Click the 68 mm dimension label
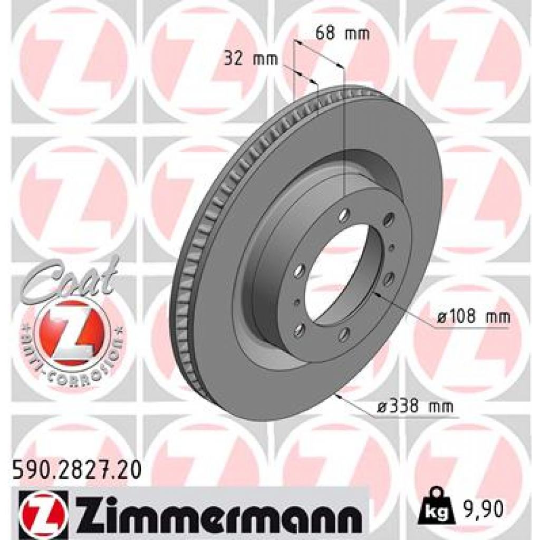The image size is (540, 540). click(342, 34)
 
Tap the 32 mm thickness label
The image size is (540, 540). click(250, 59)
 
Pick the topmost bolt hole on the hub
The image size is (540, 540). click(344, 215)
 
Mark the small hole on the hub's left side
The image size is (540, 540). click(297, 302)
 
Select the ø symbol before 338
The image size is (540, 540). click(383, 407)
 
